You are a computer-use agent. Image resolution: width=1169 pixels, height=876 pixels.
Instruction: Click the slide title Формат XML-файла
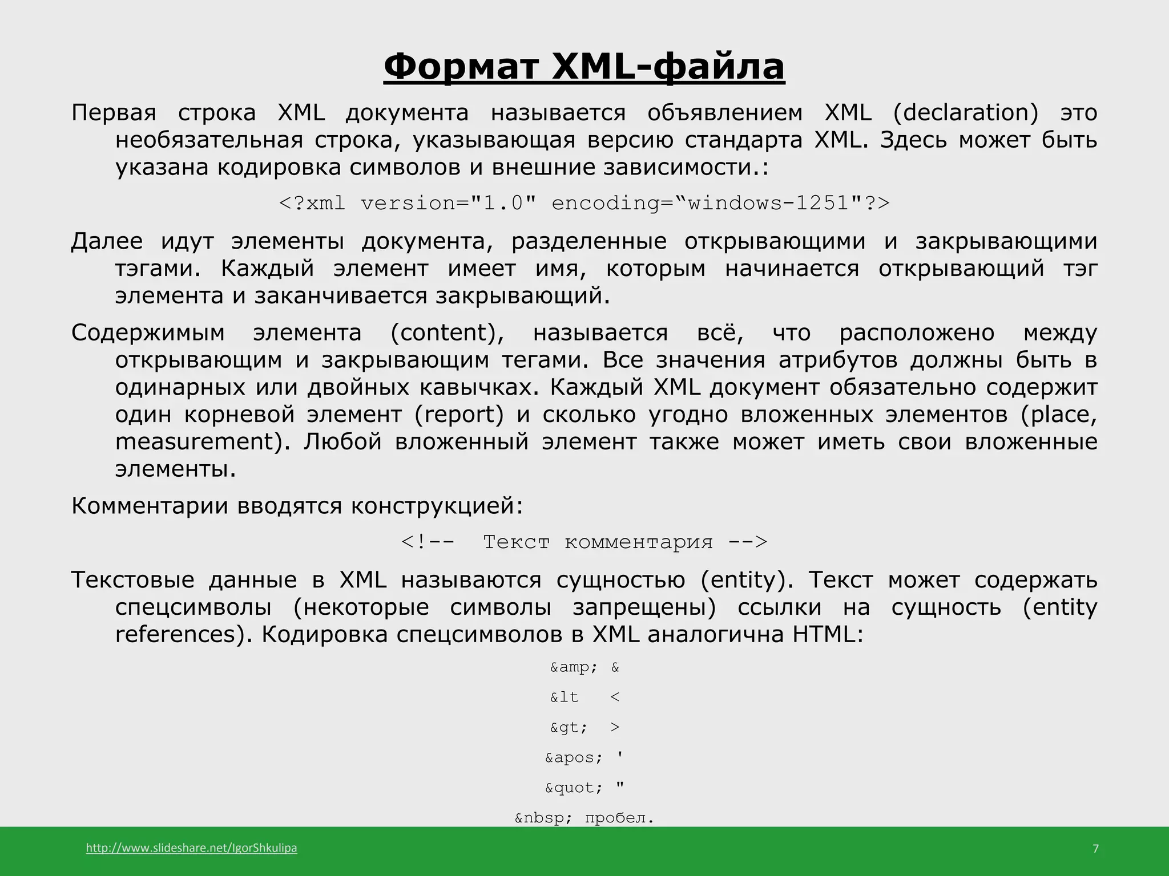point(584,67)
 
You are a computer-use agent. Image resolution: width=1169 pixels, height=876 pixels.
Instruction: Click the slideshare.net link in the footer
point(191,848)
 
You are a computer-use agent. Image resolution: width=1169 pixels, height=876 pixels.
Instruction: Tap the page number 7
point(1095,849)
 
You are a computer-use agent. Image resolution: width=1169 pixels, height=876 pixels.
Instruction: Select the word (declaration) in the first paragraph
point(965,113)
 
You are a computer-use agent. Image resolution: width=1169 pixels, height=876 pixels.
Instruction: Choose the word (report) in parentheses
point(459,415)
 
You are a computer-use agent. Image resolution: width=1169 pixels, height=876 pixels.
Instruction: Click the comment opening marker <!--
point(428,541)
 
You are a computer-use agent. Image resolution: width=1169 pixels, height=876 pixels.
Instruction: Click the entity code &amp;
point(573,667)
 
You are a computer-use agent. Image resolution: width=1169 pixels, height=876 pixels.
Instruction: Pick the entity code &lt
point(564,697)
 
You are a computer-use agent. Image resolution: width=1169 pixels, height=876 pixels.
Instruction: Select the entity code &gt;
point(569,728)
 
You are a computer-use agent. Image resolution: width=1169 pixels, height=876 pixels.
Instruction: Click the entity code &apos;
point(574,758)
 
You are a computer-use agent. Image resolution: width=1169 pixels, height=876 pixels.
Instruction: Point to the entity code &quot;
point(574,788)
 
